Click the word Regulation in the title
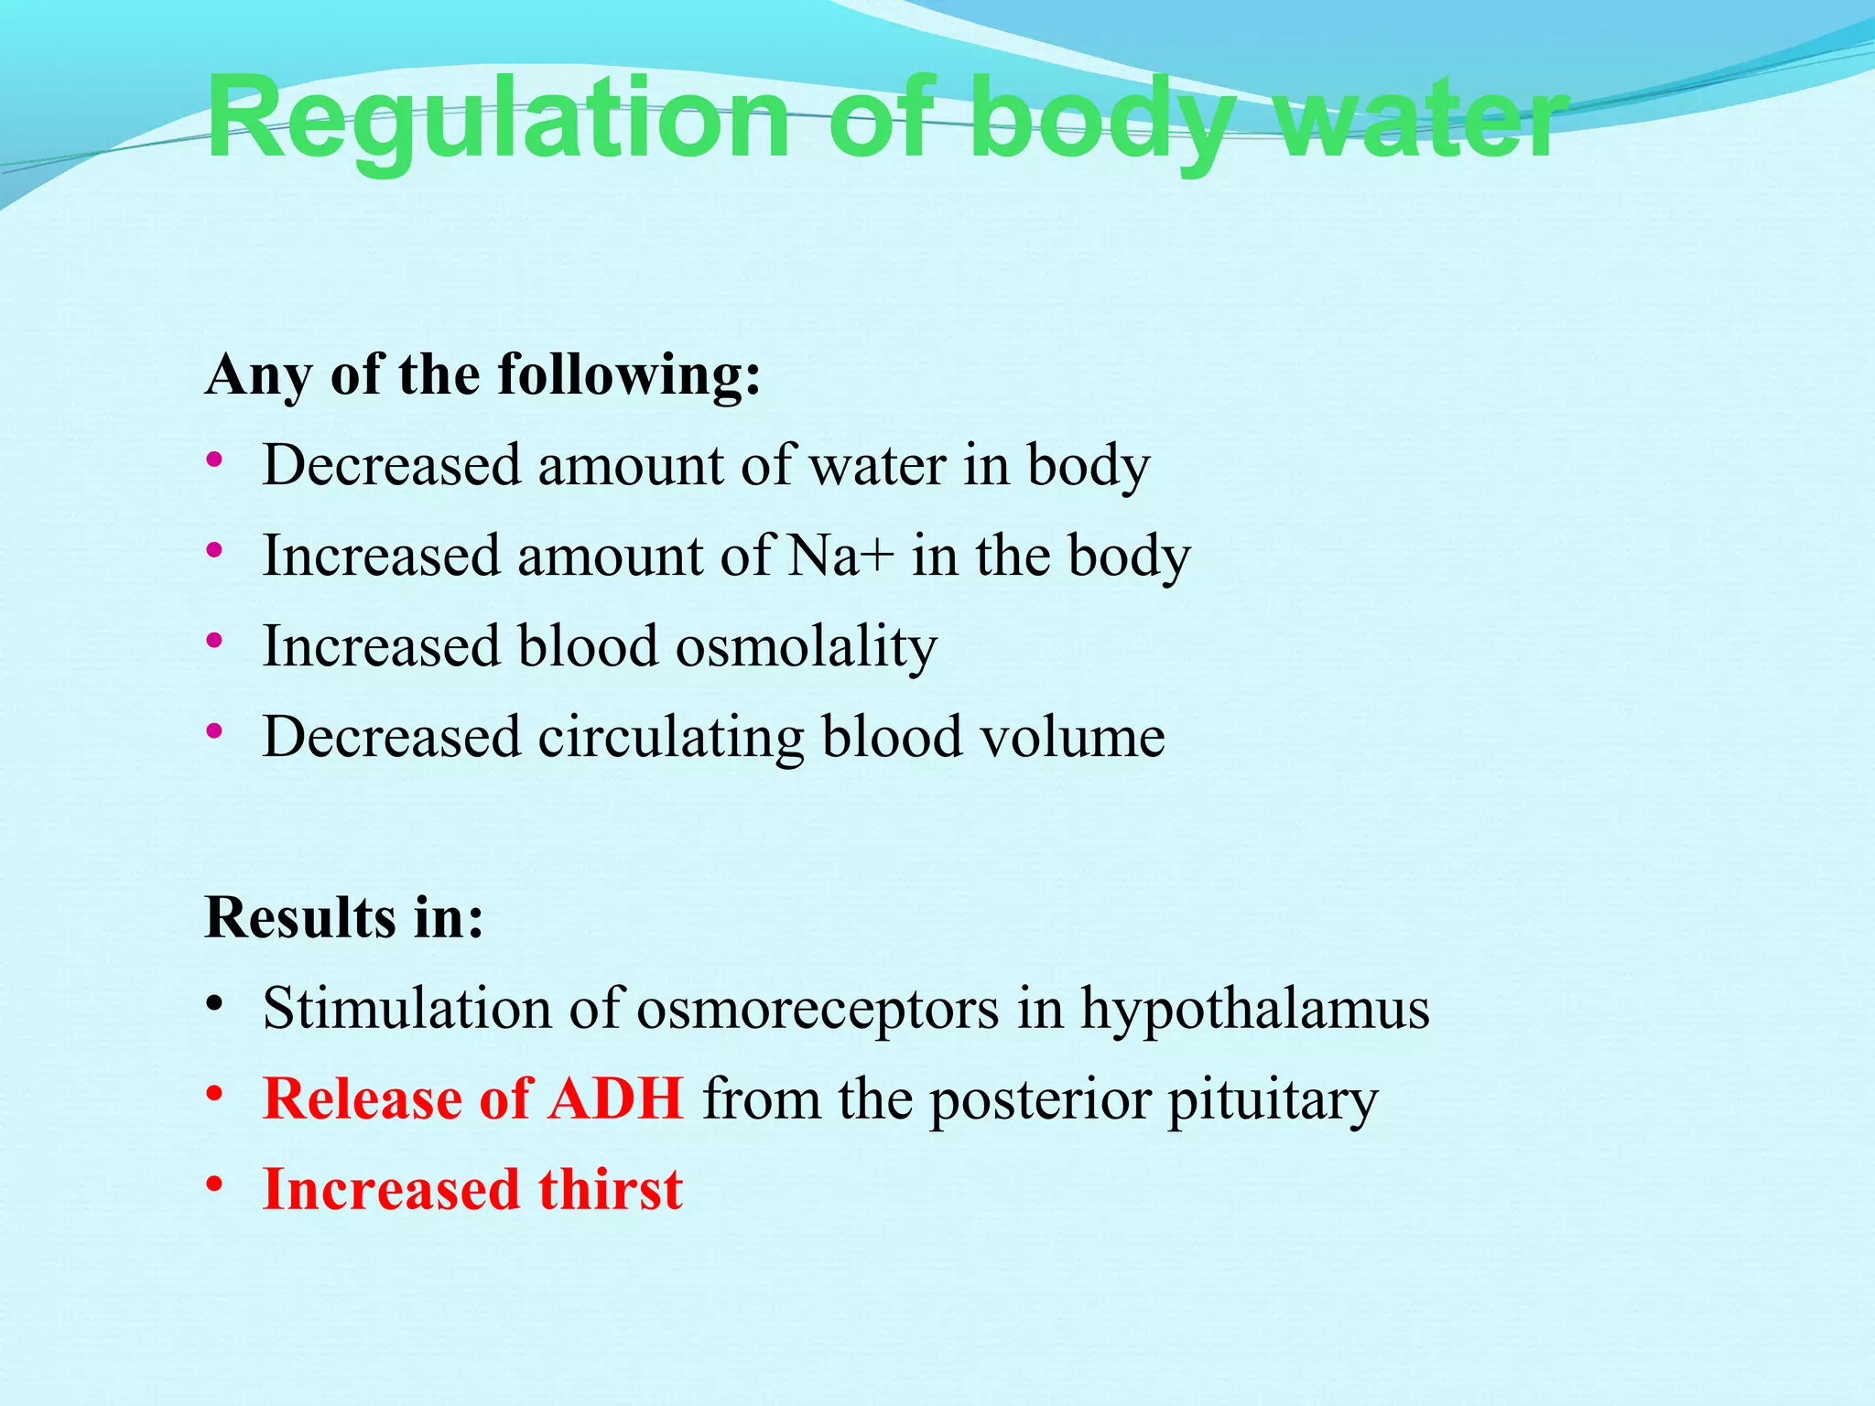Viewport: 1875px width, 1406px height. click(497, 119)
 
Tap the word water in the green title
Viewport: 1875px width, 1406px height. click(1421, 119)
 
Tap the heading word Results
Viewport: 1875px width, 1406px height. click(300, 917)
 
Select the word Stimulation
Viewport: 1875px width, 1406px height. click(407, 1009)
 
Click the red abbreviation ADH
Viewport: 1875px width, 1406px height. click(615, 1098)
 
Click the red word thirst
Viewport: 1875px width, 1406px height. click(610, 1189)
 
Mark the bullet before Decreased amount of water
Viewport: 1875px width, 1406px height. click(214, 460)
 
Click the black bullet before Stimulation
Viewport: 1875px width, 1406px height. click(214, 1004)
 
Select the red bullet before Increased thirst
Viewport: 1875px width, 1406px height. click(214, 1185)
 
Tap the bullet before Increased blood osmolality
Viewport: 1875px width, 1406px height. click(214, 642)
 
